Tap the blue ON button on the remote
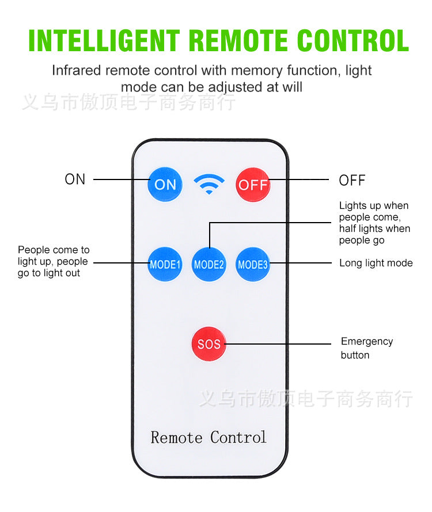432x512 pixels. (165, 185)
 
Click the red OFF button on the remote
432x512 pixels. (253, 185)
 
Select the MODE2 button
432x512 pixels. (209, 265)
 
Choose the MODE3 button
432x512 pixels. (253, 265)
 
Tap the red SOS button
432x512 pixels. (209, 344)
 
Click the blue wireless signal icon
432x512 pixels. (209, 184)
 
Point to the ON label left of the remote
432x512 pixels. (75, 179)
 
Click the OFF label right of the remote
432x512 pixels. (352, 181)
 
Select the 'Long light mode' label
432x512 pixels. (376, 263)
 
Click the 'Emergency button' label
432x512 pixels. (366, 348)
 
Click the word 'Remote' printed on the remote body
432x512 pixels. (177, 437)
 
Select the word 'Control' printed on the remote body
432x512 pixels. (238, 437)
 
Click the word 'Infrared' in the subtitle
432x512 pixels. (76, 71)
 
